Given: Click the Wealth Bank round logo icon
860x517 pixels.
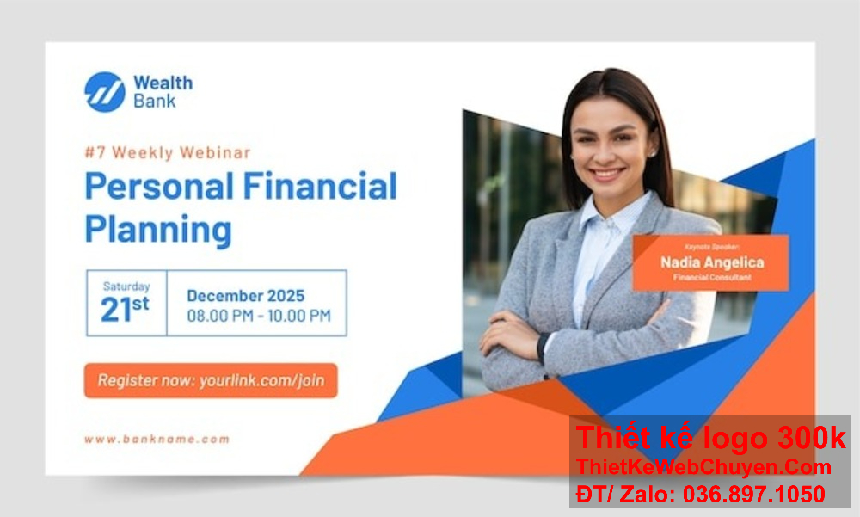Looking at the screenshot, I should (104, 92).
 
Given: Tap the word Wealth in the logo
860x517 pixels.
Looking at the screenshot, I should (163, 83).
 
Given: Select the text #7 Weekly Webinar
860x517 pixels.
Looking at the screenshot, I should (168, 153).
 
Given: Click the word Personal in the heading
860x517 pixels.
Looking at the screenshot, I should (159, 187).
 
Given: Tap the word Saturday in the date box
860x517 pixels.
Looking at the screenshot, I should (126, 286).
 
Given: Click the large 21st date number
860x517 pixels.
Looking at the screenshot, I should (125, 309).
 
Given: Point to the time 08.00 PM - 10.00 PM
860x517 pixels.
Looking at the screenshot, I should (259, 317).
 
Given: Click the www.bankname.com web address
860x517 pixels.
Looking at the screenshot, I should (157, 439).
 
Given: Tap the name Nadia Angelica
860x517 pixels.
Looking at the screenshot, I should (711, 262).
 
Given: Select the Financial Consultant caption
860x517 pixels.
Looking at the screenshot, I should (711, 278).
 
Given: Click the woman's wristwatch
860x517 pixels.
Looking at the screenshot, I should (543, 347).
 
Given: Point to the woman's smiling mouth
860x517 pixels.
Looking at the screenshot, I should (607, 174).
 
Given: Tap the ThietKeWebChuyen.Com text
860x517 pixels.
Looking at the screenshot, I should (704, 467).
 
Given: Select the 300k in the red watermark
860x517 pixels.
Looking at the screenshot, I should (812, 439).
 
